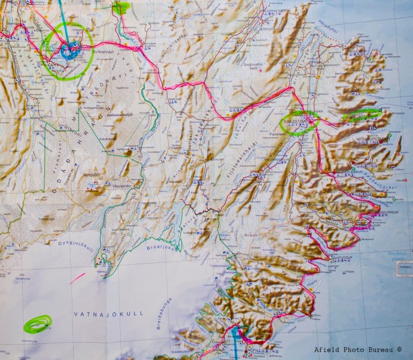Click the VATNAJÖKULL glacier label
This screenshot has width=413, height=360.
click(x=96, y=313)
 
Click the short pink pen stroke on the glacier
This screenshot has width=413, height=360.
click(x=77, y=278)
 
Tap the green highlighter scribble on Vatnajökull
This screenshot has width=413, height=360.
click(x=37, y=324)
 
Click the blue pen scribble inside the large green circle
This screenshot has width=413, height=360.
click(x=71, y=52)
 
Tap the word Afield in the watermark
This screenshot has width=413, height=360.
click(x=327, y=350)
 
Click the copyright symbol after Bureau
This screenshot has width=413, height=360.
click(x=399, y=350)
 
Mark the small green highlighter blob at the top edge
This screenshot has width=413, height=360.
click(x=122, y=8)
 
